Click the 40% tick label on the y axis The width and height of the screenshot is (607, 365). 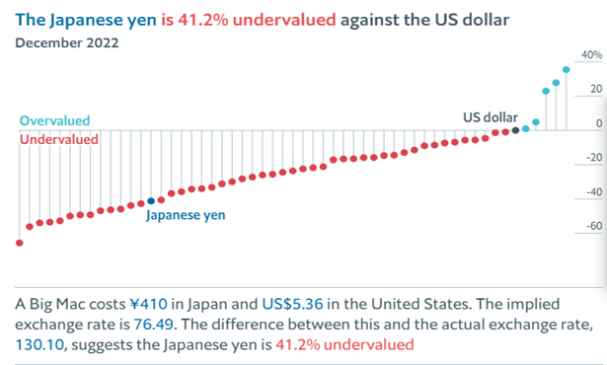[x=592, y=56]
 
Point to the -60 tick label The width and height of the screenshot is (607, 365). [x=592, y=227]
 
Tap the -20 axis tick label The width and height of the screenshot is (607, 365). [x=592, y=158]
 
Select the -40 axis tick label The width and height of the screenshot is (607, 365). [x=592, y=192]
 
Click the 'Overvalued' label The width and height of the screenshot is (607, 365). [x=54, y=121]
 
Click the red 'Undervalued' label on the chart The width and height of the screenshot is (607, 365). [x=59, y=140]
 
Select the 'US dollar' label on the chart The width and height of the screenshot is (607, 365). [x=491, y=117]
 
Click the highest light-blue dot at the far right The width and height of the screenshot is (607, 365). [x=567, y=70]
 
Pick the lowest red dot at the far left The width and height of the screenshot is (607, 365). [x=19, y=243]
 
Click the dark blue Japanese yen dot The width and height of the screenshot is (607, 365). [x=151, y=201]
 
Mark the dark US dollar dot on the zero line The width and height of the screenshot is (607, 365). [x=526, y=128]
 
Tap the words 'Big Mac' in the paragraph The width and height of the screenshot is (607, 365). [x=58, y=302]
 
